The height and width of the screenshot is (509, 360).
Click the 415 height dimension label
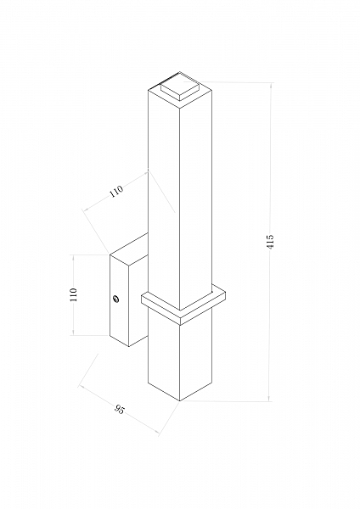[270, 242]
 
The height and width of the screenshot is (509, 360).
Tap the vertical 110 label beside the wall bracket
[74, 294]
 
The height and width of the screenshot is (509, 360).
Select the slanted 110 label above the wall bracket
[116, 191]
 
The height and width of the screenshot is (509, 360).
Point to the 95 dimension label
[119, 409]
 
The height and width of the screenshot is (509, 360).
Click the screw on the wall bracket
[115, 299]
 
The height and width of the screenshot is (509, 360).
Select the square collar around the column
[183, 305]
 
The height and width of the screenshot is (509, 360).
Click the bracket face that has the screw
[119, 300]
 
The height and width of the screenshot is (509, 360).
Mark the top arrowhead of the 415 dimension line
[269, 85]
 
